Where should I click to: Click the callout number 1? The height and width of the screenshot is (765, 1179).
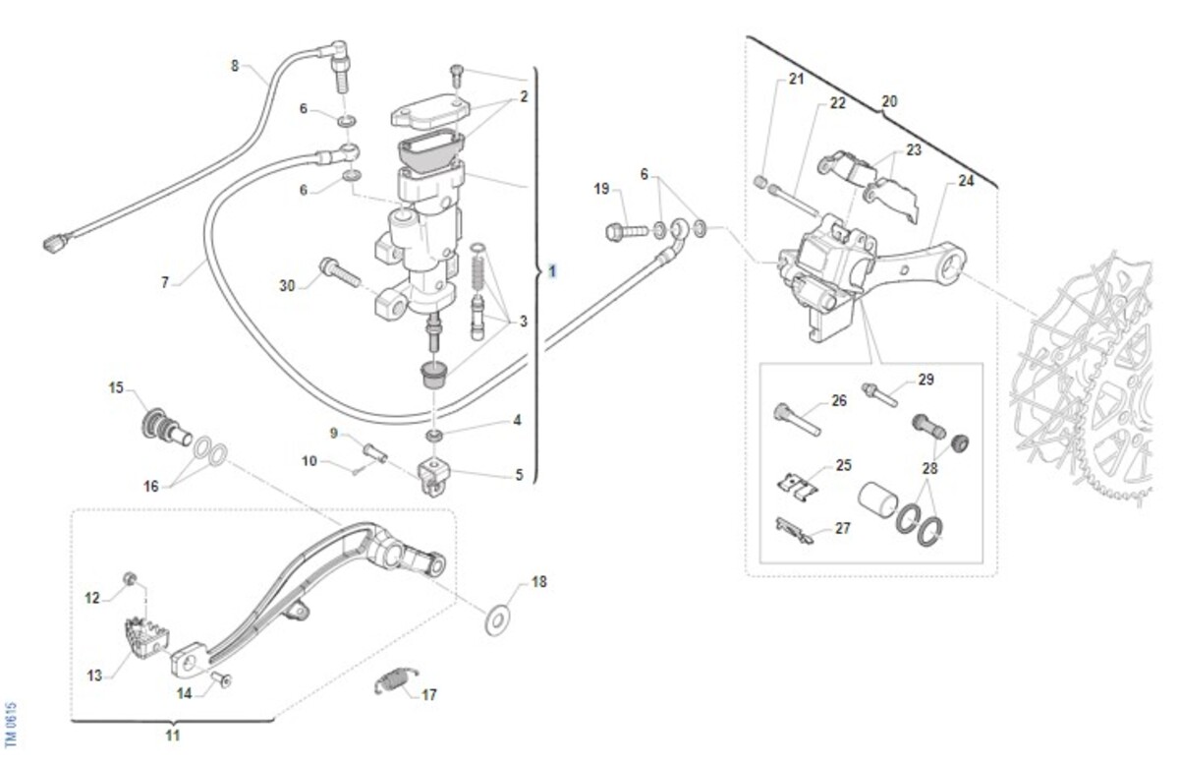pyautogui.click(x=553, y=269)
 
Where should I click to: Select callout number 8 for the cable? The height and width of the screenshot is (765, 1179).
pyautogui.click(x=234, y=66)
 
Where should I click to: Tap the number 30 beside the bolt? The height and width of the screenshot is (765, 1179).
pyautogui.click(x=287, y=285)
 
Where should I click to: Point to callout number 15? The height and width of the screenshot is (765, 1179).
pyautogui.click(x=116, y=387)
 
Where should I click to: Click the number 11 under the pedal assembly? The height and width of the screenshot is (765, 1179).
pyautogui.click(x=172, y=735)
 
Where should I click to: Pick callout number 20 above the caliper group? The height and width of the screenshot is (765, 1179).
pyautogui.click(x=889, y=100)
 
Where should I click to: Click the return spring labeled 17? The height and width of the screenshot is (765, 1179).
pyautogui.click(x=396, y=679)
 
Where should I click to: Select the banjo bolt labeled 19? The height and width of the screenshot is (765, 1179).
pyautogui.click(x=625, y=232)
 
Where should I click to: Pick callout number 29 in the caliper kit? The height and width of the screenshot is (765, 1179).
pyautogui.click(x=926, y=380)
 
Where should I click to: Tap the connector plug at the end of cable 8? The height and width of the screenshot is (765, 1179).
pyautogui.click(x=55, y=242)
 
